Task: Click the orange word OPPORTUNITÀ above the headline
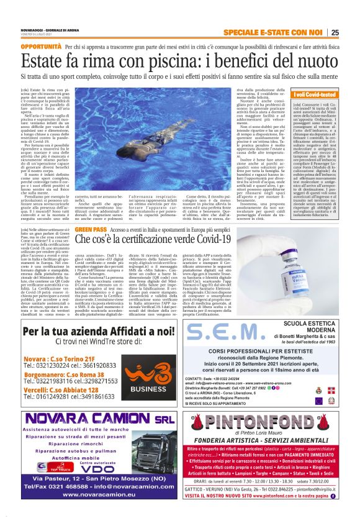[40, 47]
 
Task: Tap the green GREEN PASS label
[91, 229]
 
